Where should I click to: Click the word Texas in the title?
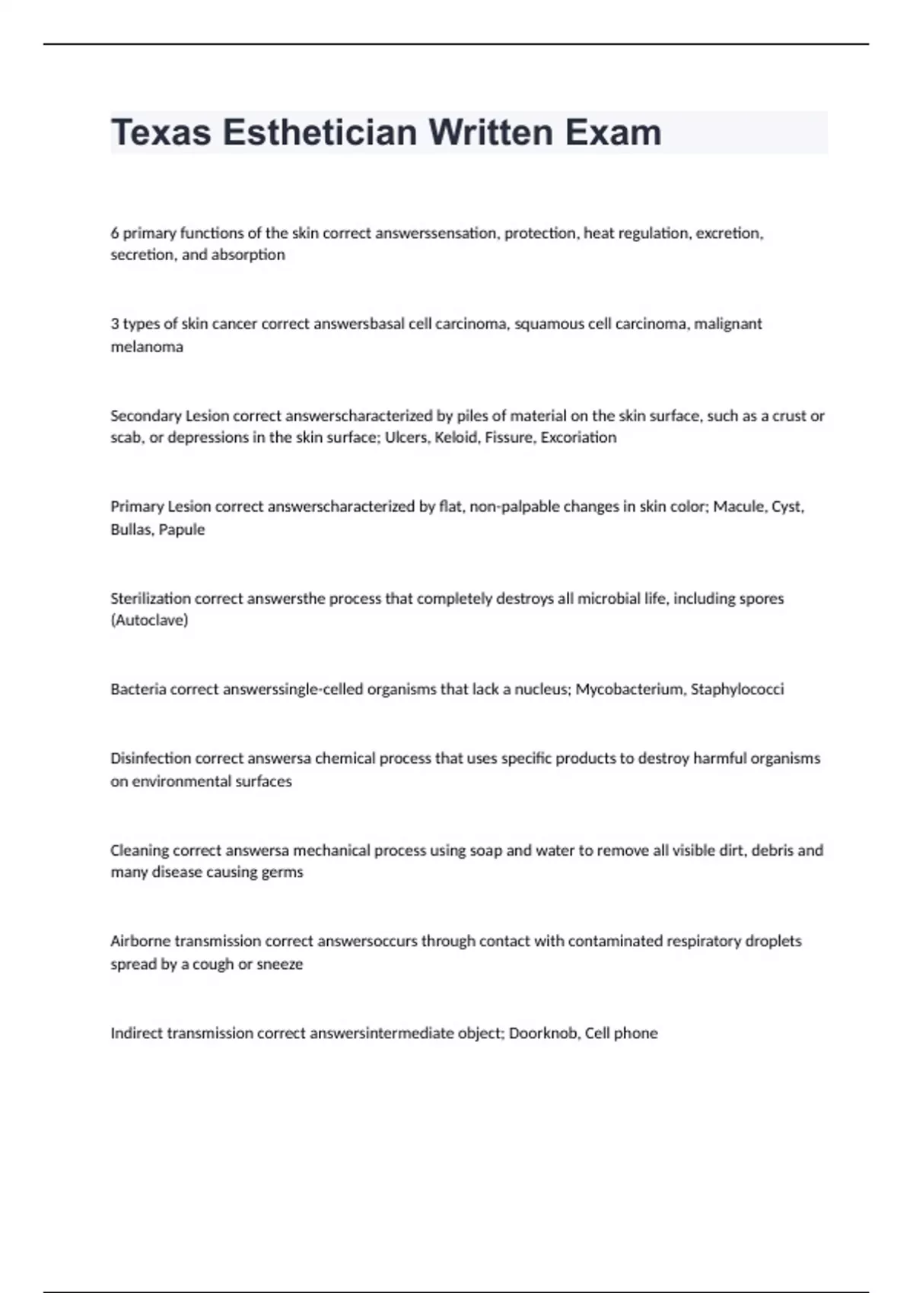(x=161, y=133)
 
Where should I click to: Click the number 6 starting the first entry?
(x=115, y=234)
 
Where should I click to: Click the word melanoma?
(x=147, y=347)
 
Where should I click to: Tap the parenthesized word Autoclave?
(x=149, y=621)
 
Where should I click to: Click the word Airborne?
(x=140, y=942)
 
